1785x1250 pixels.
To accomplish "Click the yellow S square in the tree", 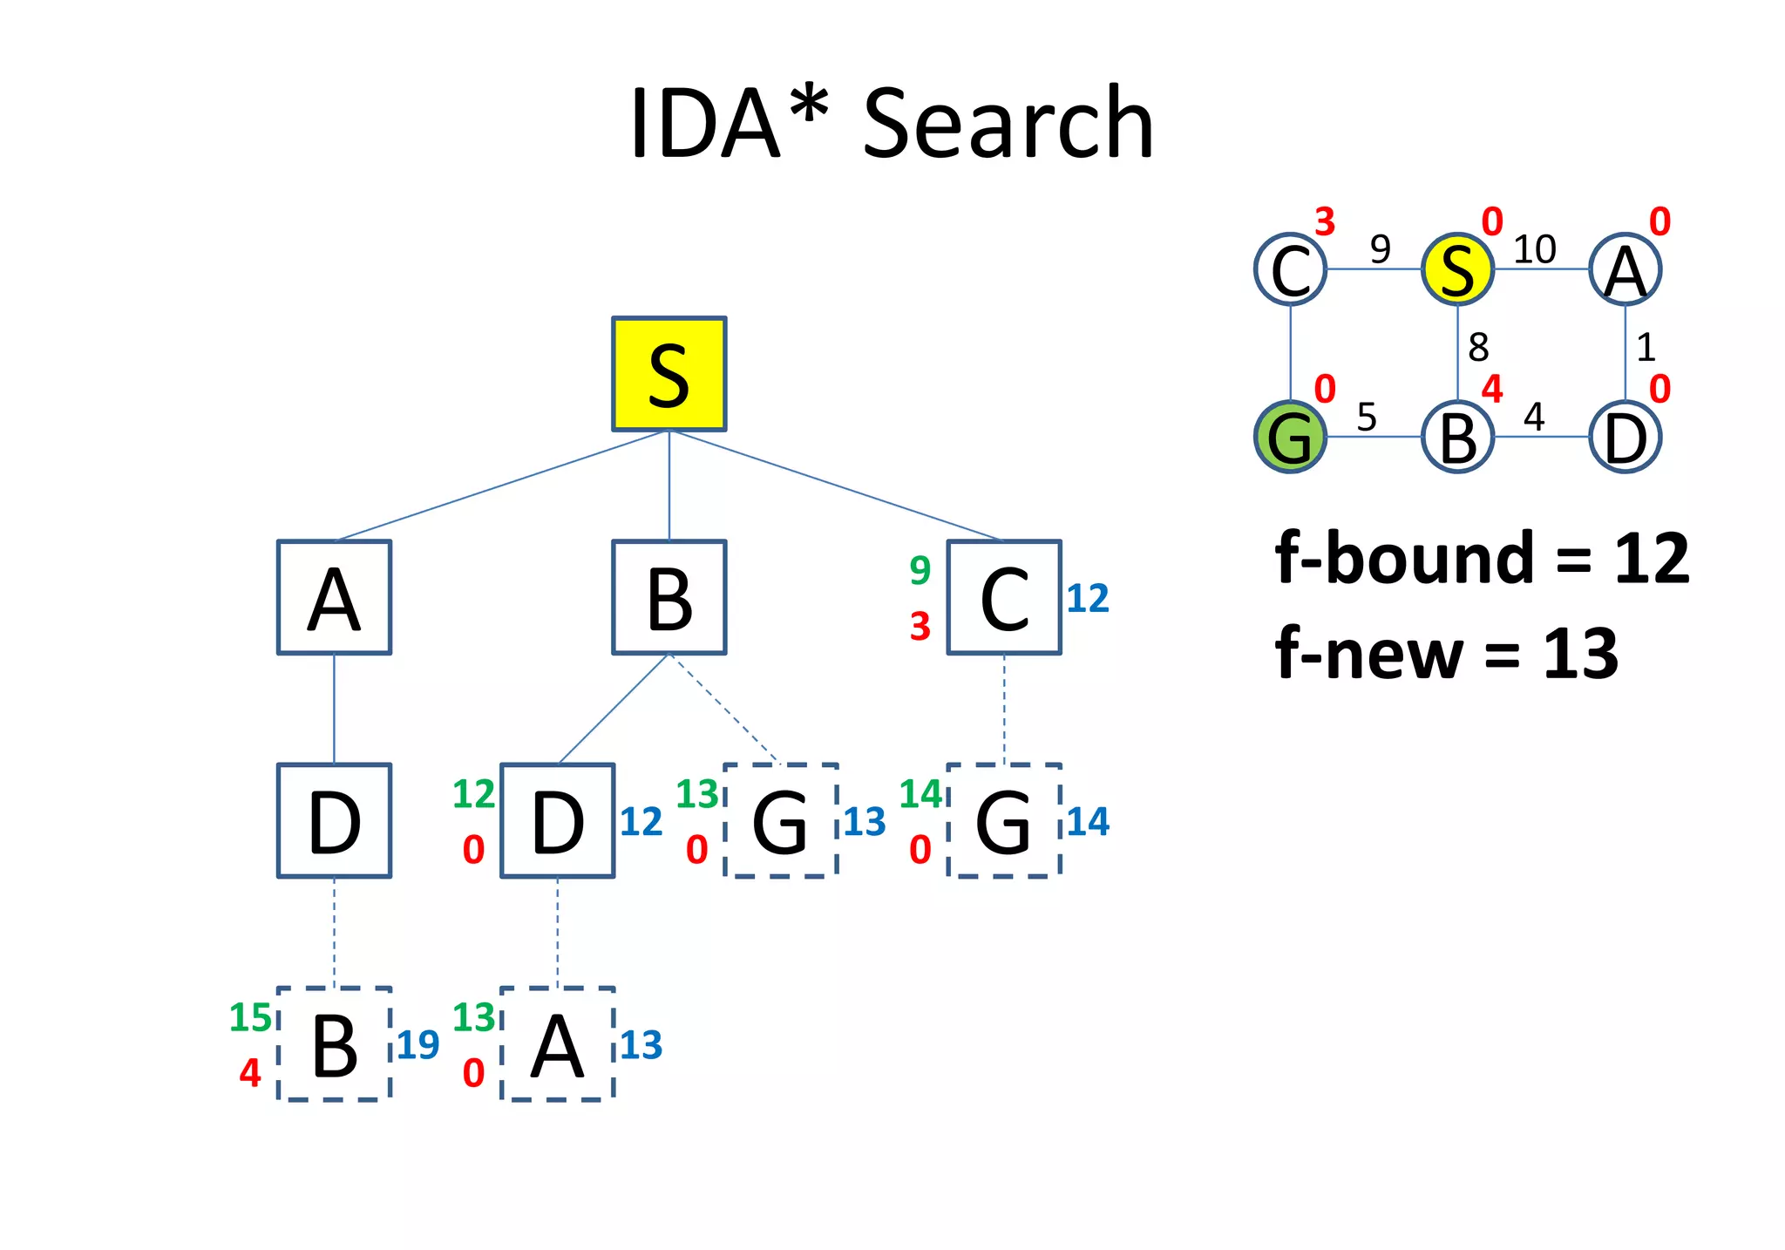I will [x=669, y=373].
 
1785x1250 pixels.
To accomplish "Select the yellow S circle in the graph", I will [x=1457, y=269].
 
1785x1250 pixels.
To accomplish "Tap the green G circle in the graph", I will [x=1290, y=437].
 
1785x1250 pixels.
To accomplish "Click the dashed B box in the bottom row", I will [x=334, y=1044].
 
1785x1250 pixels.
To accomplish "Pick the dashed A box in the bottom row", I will [x=558, y=1044].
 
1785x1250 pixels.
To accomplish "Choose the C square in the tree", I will [x=1004, y=597].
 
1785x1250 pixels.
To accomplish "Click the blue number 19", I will [x=417, y=1045].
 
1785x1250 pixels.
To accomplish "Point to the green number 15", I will [x=250, y=1017].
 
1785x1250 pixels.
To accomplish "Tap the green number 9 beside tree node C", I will [x=920, y=570].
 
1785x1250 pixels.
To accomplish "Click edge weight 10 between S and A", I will [x=1534, y=250].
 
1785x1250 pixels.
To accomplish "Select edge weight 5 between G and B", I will [x=1367, y=418].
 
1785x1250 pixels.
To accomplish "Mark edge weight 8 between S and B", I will [x=1478, y=348].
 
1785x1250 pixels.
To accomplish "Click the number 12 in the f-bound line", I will [x=1652, y=559].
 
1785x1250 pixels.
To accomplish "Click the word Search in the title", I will [x=1008, y=125].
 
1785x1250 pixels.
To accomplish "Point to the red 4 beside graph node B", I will [x=1492, y=389].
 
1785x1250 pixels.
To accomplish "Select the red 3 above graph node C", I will [x=1325, y=222].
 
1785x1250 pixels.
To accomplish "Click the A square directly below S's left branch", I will [x=334, y=597].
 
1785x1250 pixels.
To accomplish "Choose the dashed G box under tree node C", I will [x=1004, y=820].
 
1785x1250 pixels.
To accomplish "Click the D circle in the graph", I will [x=1625, y=437].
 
